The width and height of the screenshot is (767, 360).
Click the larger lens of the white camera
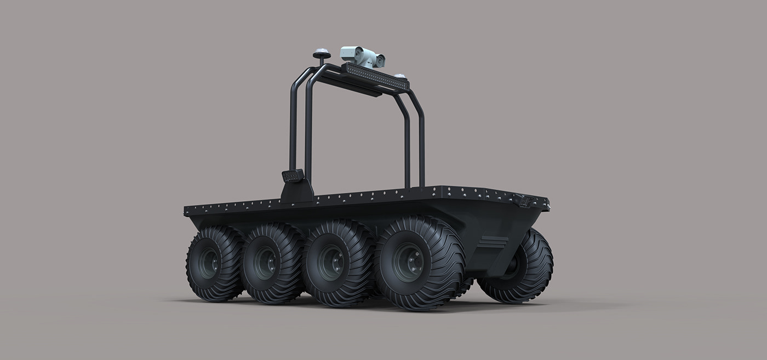(x=359, y=55)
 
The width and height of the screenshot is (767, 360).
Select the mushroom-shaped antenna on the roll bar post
(x=321, y=54)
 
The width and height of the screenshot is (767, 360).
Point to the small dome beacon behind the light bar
(x=400, y=75)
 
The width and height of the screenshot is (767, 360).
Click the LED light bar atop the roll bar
(x=375, y=76)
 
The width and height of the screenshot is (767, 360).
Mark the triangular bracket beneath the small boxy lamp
(x=296, y=192)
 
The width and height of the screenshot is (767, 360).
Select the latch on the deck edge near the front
(x=525, y=201)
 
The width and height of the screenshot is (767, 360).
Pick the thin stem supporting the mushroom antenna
(x=321, y=61)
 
